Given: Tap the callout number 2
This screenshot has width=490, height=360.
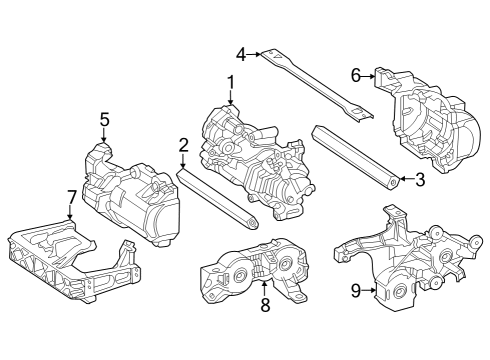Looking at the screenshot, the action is pos(183,145).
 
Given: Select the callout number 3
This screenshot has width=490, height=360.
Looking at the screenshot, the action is pos(420,179).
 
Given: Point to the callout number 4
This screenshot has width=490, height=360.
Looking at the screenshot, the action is pos(241,54).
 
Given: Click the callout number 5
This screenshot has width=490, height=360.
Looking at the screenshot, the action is pos(104,120).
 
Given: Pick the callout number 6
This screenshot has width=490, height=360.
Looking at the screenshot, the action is pos(356,76).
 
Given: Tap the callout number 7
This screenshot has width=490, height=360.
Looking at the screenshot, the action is pos(71,197).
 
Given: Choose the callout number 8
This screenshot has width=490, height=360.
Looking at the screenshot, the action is pos(265,305).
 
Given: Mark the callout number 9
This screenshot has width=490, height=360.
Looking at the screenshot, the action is pos(356,291).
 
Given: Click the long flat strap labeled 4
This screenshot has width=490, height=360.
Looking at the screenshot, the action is pos(317,86).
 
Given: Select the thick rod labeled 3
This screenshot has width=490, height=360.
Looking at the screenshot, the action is pos(355,157).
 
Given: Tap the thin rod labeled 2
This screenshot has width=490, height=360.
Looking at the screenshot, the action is pos(217,199).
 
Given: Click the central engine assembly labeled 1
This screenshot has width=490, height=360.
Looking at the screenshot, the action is pos(257,162).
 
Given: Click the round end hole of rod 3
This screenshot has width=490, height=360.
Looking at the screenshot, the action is pos(394,182).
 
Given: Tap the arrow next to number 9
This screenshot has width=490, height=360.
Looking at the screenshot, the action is pos(368,290).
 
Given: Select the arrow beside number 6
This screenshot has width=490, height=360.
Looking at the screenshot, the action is pos(368,76).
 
